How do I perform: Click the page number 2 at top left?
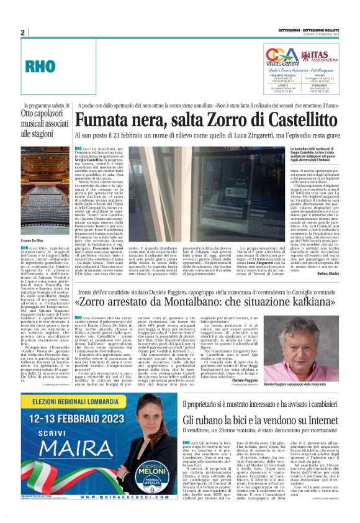click(x=22, y=32)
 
